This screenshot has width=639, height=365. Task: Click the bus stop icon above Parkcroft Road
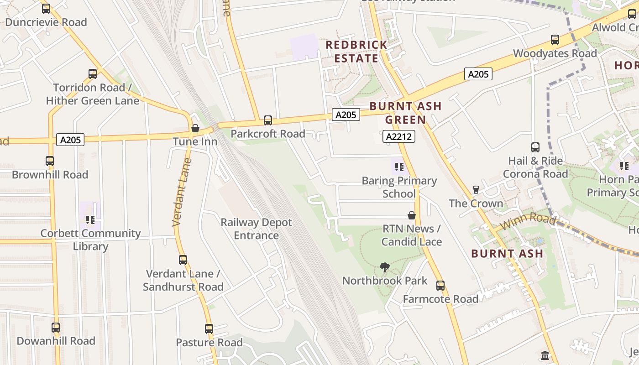point(268,120)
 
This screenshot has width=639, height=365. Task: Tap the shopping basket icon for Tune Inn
point(195,128)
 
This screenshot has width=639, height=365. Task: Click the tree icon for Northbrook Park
point(385,267)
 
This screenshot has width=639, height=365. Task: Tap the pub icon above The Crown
point(476,189)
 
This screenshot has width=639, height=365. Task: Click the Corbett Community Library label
point(90,240)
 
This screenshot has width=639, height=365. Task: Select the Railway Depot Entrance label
point(256,229)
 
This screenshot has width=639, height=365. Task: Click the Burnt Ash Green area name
point(405,113)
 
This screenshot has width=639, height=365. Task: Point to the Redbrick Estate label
point(356,52)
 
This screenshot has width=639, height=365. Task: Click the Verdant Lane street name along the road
point(181,192)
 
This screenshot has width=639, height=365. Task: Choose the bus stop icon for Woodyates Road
point(555,40)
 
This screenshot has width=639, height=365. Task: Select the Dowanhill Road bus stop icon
point(56,328)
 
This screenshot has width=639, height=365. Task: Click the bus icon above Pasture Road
point(209,329)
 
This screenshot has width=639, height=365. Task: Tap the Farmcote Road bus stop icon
point(440,286)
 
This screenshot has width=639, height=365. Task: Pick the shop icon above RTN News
point(412,215)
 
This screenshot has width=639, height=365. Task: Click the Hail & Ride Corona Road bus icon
point(535,147)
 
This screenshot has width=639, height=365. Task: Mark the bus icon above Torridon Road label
point(93,74)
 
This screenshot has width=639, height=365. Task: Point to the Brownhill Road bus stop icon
point(50,161)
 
